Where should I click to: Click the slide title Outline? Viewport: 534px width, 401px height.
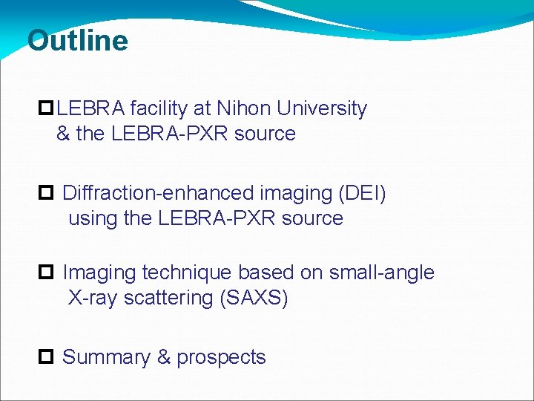(77, 40)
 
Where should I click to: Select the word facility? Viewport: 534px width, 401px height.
(159, 108)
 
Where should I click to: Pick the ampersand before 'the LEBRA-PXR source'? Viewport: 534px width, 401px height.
(62, 134)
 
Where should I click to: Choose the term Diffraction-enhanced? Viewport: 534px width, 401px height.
(158, 193)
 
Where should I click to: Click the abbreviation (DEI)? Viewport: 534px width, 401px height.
(362, 193)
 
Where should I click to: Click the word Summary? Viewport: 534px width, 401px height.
(106, 357)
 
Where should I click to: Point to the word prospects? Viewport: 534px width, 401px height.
(221, 358)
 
